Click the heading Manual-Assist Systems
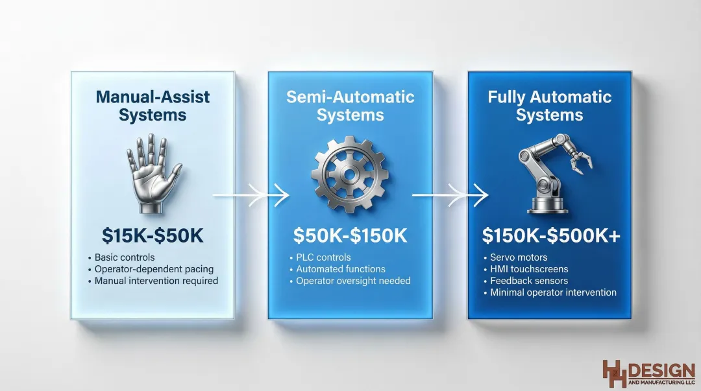(153, 106)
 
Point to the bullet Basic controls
(125, 257)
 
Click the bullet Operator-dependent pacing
(153, 269)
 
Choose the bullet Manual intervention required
(156, 281)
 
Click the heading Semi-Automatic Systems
(350, 106)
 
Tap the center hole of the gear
(350, 174)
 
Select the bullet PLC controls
(323, 257)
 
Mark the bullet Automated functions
(340, 269)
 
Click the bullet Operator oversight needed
(353, 281)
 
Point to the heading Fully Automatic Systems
(550, 106)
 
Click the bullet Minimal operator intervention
(552, 292)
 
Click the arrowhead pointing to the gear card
(280, 193)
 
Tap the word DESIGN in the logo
(662, 370)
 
